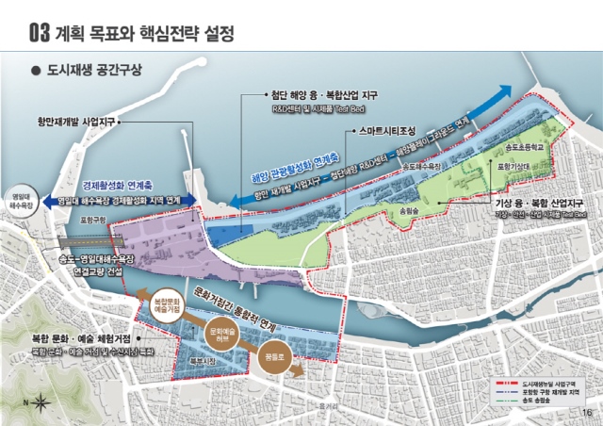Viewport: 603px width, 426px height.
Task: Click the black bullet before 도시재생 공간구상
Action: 35,71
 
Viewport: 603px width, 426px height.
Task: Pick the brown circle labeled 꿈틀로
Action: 275,361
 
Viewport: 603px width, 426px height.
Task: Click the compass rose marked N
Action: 42,403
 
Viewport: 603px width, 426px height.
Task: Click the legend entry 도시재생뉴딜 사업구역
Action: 547,385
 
